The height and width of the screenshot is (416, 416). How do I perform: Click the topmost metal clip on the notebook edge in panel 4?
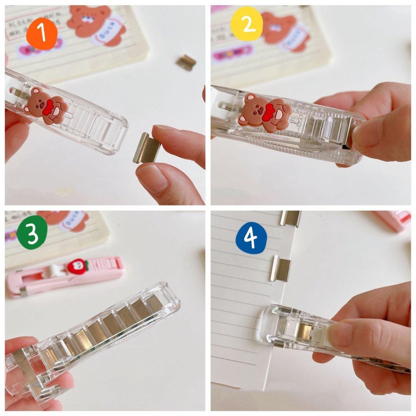tap(291, 218)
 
